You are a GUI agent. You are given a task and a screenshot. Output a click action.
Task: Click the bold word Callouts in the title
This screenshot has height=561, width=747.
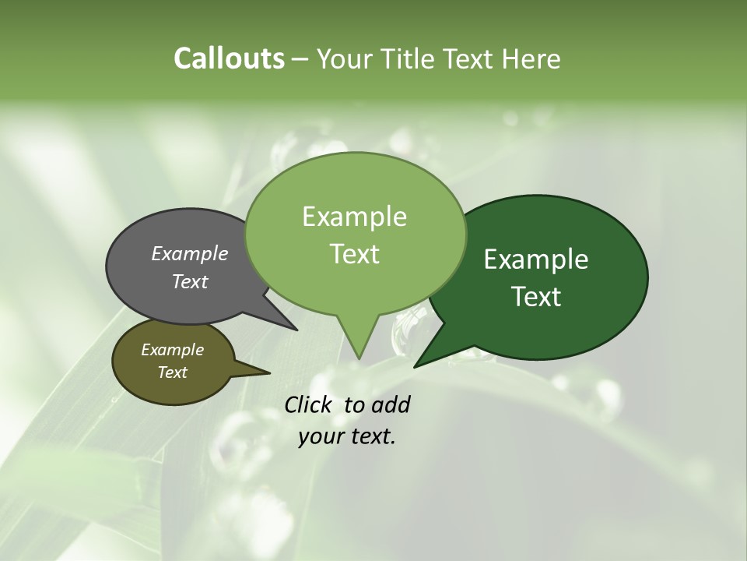pyautogui.click(x=229, y=58)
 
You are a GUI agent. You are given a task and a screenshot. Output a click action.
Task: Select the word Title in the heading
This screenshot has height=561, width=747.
pyautogui.click(x=412, y=58)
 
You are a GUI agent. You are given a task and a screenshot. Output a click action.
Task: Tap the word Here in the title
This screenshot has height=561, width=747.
pyautogui.click(x=531, y=58)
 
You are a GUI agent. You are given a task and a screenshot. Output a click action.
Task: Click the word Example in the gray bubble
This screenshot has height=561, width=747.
pyautogui.click(x=189, y=253)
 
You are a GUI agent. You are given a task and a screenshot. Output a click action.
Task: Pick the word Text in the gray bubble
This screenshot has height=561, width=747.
pyautogui.click(x=189, y=281)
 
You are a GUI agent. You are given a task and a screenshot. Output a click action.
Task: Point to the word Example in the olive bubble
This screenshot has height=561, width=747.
pyautogui.click(x=172, y=350)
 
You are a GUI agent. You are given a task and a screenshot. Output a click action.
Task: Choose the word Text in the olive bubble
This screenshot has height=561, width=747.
pyautogui.click(x=172, y=372)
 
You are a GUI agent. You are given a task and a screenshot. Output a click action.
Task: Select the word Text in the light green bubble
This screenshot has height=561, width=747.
pyautogui.click(x=354, y=254)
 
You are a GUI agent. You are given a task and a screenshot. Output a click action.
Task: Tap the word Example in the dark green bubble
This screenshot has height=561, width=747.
pyautogui.click(x=536, y=259)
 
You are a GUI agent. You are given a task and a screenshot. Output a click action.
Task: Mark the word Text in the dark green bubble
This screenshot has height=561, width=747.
pyautogui.click(x=536, y=296)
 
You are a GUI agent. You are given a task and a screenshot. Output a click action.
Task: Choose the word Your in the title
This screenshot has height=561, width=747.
pyautogui.click(x=344, y=58)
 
